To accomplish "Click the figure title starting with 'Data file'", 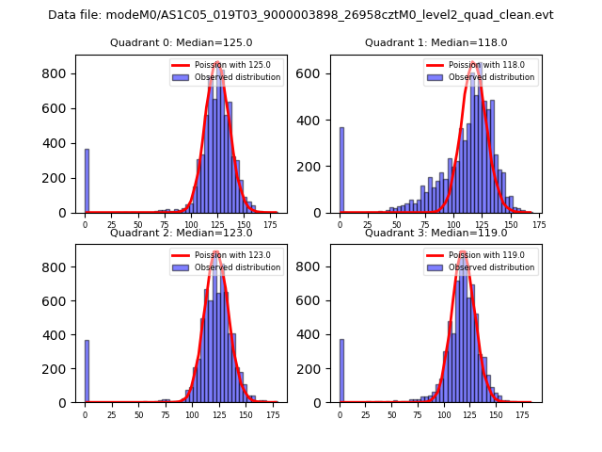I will tap(301, 15).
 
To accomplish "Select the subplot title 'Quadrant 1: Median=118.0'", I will tap(436, 42).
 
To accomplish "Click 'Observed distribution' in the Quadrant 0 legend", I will tap(240, 77).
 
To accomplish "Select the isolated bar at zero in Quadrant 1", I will tap(341, 170).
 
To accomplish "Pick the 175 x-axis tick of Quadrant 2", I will tap(273, 414).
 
